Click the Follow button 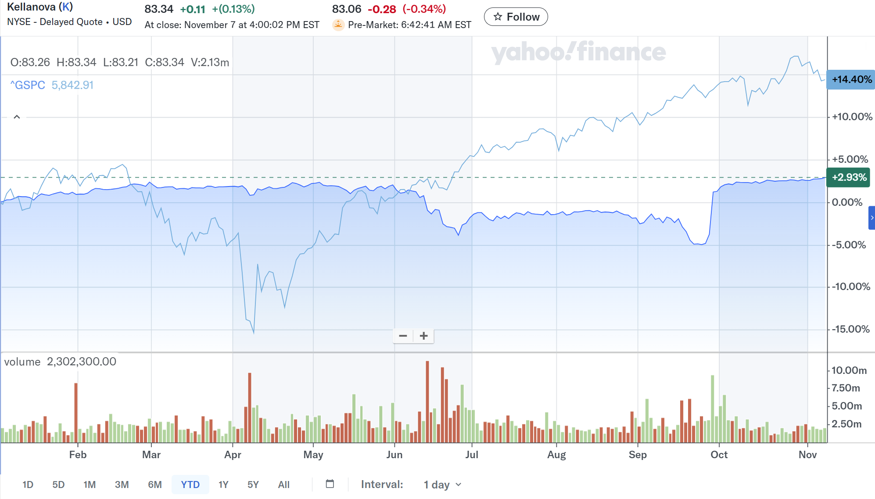point(516,17)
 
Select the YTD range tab point(190,485)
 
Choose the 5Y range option point(253,485)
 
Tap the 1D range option point(28,485)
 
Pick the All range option point(283,485)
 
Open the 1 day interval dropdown point(442,485)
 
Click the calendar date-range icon point(330,484)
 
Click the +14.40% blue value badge point(851,79)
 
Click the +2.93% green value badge point(849,177)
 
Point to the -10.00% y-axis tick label point(851,287)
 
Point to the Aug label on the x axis point(556,455)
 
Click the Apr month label point(233,455)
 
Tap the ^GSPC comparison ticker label point(28,85)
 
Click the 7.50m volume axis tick point(846,388)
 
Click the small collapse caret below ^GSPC point(17,117)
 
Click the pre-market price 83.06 point(346,9)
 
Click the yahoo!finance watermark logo point(578,52)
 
